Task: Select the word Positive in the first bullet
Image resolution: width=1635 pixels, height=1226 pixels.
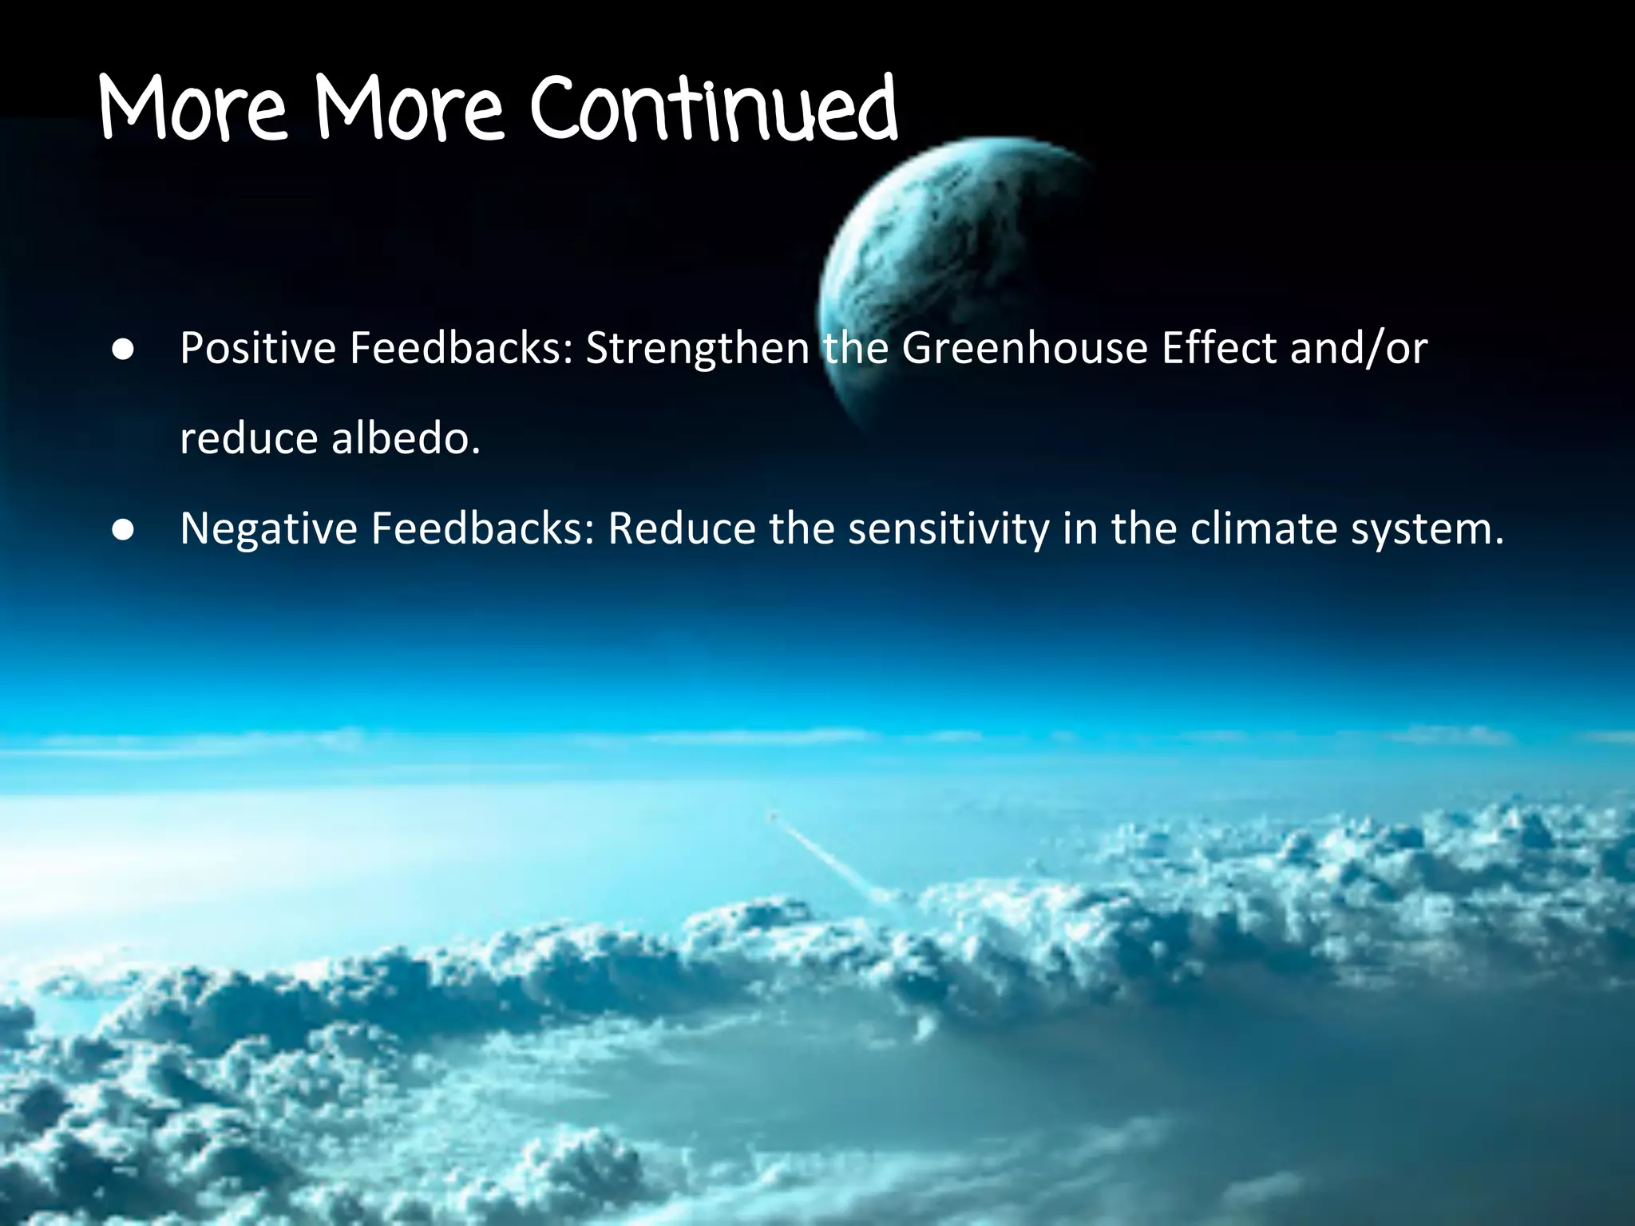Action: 258,349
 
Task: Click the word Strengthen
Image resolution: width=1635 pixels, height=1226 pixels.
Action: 698,349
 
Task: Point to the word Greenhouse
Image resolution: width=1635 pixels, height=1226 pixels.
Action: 1024,349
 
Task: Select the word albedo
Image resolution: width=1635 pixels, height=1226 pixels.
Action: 406,438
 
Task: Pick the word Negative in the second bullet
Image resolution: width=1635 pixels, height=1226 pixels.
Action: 268,528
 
